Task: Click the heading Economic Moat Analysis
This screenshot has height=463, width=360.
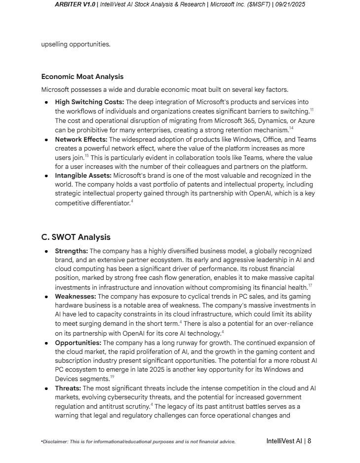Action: [x=82, y=77]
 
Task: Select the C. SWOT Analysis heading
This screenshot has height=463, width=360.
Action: [x=76, y=237]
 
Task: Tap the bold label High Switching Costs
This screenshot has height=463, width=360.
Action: [x=89, y=102]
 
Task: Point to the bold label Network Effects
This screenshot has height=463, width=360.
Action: [x=81, y=140]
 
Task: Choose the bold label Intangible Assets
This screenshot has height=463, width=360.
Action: [x=83, y=176]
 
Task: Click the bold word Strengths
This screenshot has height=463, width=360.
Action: [x=71, y=251]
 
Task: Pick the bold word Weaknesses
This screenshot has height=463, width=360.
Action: [x=75, y=297]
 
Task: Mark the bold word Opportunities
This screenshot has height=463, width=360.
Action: [x=78, y=343]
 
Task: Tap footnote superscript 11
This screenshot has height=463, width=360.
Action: [x=312, y=110]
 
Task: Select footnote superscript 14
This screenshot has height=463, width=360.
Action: [x=291, y=128]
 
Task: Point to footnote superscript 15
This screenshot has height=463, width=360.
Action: [x=86, y=156]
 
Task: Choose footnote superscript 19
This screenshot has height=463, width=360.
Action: [x=112, y=377]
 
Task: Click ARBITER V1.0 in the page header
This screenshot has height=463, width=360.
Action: [x=75, y=4]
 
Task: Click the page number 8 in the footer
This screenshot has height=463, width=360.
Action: [x=309, y=441]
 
